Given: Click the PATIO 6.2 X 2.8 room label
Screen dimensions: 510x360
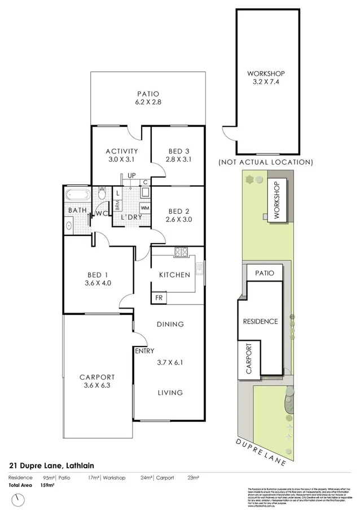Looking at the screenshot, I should tap(148, 98).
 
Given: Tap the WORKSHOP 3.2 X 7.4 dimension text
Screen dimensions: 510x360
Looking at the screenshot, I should tap(265, 78).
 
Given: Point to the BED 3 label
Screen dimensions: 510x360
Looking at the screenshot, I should tap(178, 151).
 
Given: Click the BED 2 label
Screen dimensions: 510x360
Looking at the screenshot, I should tap(178, 212).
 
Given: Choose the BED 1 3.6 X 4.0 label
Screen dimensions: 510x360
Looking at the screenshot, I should tap(98, 279).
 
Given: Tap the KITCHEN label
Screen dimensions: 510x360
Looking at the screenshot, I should tap(174, 275).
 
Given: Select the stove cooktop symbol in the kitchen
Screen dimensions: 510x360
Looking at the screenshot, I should tap(182, 253).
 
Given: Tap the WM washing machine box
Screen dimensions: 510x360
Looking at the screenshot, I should tap(144, 208).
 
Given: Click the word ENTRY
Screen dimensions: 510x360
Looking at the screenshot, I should tap(144, 351).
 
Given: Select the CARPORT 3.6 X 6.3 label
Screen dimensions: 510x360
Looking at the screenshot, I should tap(97, 382).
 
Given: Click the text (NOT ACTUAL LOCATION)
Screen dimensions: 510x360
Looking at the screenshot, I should tap(265, 162).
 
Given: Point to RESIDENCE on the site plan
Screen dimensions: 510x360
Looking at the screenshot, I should tap(260, 321).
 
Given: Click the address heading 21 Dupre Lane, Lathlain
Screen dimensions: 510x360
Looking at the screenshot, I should tap(51, 465).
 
